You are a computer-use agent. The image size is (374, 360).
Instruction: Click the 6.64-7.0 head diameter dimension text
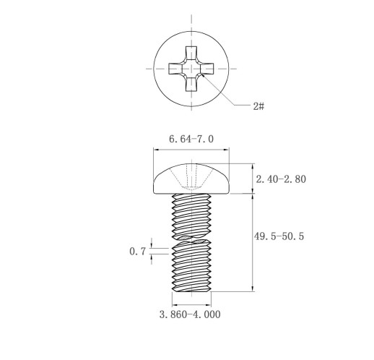click(191, 139)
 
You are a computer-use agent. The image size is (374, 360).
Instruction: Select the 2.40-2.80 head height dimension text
click(281, 179)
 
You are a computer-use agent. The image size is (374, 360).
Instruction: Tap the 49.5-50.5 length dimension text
click(279, 236)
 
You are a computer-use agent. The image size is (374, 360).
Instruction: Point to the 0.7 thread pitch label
click(138, 252)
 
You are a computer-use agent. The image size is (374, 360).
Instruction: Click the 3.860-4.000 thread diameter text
click(190, 314)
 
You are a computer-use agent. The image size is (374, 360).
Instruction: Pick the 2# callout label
click(258, 106)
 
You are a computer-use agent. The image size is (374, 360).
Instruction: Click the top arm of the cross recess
click(191, 53)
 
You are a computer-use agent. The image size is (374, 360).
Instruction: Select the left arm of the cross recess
click(175, 69)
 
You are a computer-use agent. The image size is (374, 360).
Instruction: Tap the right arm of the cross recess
click(207, 69)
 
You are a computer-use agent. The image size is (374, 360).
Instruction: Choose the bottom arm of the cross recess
click(191, 85)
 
